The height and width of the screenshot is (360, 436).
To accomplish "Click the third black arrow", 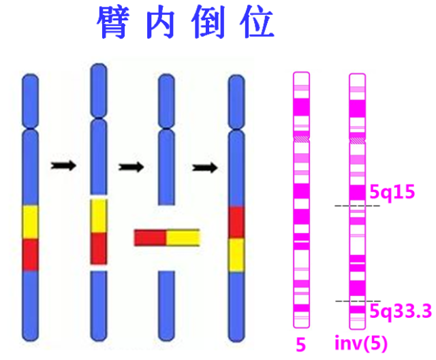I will pyautogui.click(x=203, y=167).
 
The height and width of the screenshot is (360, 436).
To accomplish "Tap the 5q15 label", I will pyautogui.click(x=392, y=192).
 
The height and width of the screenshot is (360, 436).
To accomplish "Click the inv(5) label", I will pyautogui.click(x=361, y=344).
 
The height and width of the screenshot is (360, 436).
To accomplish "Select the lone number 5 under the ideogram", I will pyautogui.click(x=300, y=344).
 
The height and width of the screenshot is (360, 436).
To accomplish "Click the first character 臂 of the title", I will pyautogui.click(x=114, y=23).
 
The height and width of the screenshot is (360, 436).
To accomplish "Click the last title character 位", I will pyautogui.click(x=257, y=23).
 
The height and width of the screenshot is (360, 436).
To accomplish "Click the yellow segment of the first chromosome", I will pyautogui.click(x=31, y=221).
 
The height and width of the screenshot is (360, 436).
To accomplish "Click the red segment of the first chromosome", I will pyautogui.click(x=31, y=255).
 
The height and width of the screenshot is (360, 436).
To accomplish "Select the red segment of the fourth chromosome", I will pyautogui.click(x=236, y=223).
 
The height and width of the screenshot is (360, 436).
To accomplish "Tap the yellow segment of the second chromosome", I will pyautogui.click(x=99, y=215).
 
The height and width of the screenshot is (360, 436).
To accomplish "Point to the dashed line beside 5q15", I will pyautogui.click(x=357, y=206).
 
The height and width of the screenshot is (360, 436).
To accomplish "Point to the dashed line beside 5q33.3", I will pyautogui.click(x=357, y=301).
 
